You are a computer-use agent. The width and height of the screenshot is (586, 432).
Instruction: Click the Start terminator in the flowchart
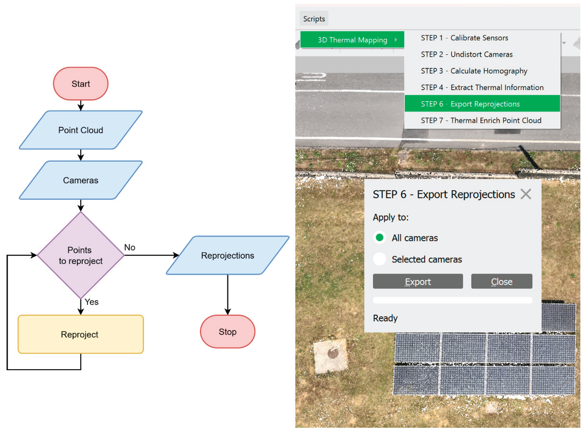(81, 84)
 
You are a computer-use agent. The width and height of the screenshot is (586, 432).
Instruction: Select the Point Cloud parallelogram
(81, 130)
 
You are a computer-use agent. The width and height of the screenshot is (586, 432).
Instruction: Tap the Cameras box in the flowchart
(81, 180)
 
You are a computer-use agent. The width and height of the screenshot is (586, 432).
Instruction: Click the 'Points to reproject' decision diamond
(81, 255)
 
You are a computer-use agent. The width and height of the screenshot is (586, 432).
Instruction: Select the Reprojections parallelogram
(227, 255)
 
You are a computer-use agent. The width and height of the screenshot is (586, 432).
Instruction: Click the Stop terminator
(227, 332)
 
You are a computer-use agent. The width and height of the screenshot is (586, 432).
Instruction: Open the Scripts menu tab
(314, 19)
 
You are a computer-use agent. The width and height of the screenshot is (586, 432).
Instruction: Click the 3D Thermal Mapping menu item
(352, 40)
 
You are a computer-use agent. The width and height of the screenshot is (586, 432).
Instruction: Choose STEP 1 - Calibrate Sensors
(464, 38)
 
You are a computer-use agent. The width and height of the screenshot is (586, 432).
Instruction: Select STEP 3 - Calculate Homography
(474, 71)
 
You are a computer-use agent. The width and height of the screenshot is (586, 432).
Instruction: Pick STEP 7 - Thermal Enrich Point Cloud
(481, 120)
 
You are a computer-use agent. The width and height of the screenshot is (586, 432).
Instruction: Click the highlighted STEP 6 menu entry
(470, 104)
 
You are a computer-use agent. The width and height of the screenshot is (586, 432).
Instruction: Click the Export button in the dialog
(418, 281)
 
